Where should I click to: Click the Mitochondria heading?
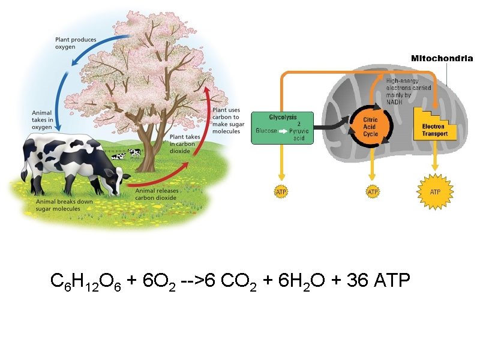442,59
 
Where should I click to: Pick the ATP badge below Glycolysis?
280,192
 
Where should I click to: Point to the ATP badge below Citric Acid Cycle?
373,192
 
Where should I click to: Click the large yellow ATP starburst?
435,191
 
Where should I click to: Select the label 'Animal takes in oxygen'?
43,119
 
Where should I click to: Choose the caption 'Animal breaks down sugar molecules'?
64,206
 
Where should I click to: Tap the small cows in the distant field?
128,154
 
